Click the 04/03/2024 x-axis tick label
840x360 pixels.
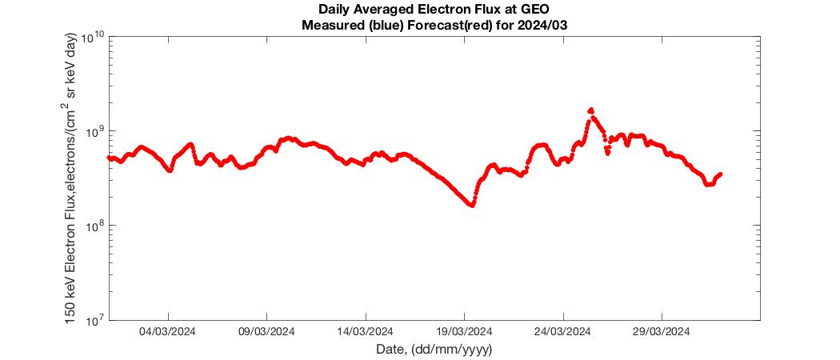coord(168,332)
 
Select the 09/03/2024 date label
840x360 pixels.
coord(266,332)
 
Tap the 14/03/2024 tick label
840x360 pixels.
coord(366,332)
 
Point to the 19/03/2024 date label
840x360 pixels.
coord(465,332)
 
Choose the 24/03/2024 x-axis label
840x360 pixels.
coord(563,332)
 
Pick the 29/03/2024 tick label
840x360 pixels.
coord(662,332)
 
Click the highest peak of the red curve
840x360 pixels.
coord(591,110)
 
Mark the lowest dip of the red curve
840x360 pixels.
coord(472,205)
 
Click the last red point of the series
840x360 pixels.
coord(721,174)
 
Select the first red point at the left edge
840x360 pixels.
coord(110,158)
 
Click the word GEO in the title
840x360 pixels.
coord(536,10)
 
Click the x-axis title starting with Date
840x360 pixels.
coord(434,350)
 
